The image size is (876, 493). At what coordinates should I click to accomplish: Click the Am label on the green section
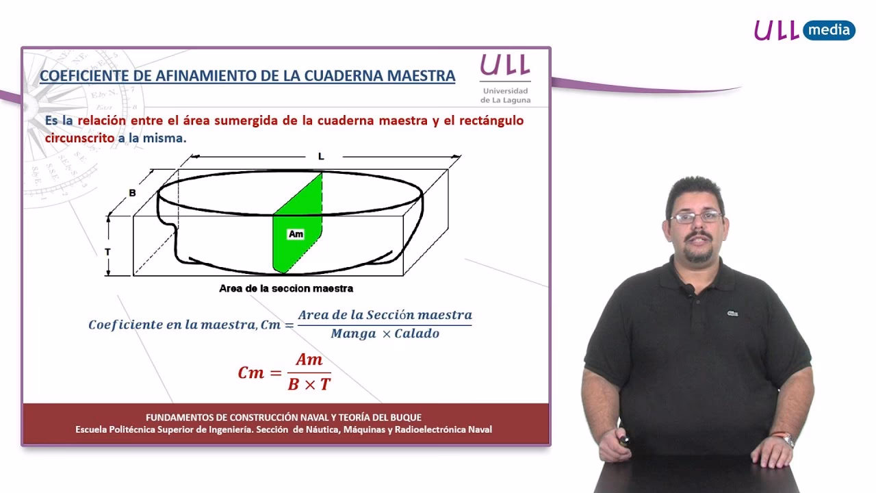click(296, 234)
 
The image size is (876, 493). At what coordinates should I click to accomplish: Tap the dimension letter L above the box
click(321, 156)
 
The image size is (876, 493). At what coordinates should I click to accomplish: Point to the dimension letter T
click(107, 252)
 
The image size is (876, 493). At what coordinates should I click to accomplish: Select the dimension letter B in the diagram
click(132, 193)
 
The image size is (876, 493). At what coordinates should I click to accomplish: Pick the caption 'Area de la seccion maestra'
click(286, 288)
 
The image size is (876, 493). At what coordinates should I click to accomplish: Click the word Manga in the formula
click(353, 334)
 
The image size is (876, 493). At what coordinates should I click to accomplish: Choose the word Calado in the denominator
click(417, 334)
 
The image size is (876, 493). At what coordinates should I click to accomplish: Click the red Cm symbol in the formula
click(250, 372)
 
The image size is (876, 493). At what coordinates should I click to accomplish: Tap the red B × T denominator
click(309, 384)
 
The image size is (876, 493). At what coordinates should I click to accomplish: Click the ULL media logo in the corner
click(804, 30)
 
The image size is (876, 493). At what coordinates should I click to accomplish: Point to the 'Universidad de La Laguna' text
click(505, 95)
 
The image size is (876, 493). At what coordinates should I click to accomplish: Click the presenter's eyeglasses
click(696, 217)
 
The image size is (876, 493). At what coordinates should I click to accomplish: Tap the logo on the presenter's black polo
click(732, 314)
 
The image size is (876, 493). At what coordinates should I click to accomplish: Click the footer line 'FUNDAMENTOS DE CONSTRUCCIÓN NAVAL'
click(283, 417)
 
